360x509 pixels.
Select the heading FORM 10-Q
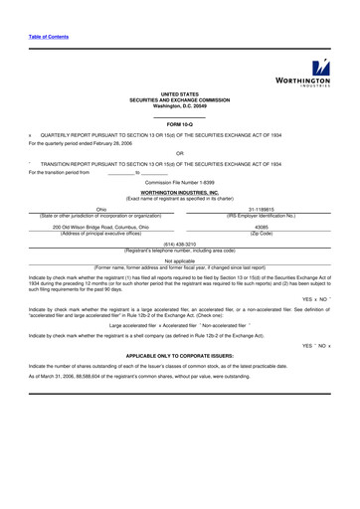point(180,123)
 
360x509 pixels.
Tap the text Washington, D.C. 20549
point(180,105)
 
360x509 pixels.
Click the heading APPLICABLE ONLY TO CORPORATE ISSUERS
point(180,354)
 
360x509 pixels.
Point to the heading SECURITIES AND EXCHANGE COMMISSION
point(180,99)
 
